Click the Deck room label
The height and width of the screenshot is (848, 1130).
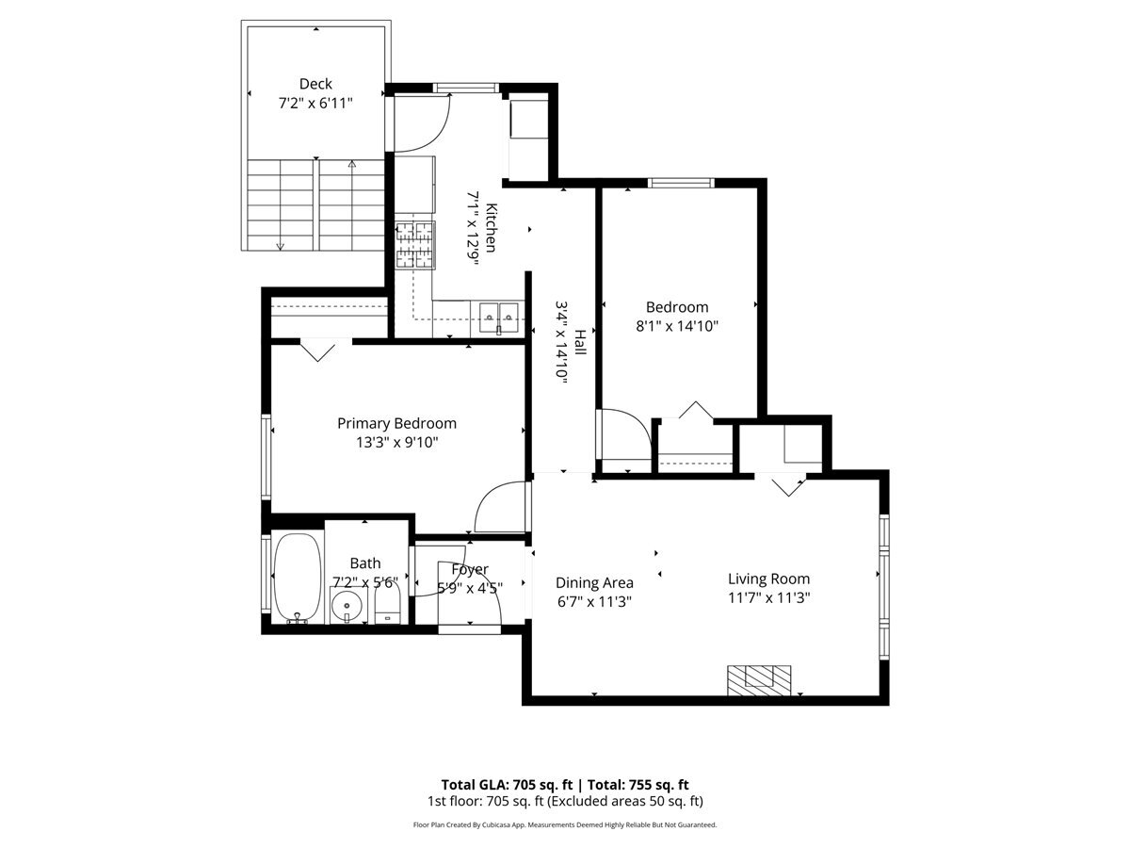click(315, 84)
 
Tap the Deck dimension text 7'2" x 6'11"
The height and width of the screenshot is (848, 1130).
click(315, 104)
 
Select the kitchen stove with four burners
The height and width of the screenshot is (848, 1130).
click(415, 245)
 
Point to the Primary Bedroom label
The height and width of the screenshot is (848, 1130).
click(396, 423)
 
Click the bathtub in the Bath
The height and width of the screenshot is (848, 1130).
click(298, 578)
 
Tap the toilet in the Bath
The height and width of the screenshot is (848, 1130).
click(388, 599)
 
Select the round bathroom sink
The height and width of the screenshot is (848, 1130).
click(347, 605)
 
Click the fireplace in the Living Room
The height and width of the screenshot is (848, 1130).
click(758, 678)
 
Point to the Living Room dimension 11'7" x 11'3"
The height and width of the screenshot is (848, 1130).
click(768, 597)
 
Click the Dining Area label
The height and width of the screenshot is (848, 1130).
click(593, 582)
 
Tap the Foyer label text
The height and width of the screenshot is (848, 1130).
click(469, 569)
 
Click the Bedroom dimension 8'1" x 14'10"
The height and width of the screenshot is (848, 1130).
click(676, 326)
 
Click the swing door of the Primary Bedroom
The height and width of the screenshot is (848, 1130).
click(500, 508)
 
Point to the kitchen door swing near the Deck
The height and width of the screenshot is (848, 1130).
click(425, 122)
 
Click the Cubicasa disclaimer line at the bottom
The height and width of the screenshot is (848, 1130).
click(565, 824)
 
